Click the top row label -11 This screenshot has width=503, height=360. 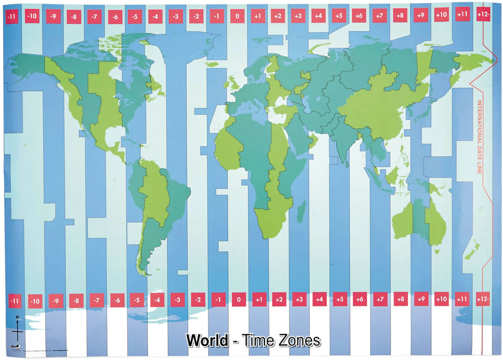tap(11, 16)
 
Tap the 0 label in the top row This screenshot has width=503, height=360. tap(237, 16)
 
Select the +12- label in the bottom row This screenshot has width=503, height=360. tap(483, 299)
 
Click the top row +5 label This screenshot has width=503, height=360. tap(339, 16)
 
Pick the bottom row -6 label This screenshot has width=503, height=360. tap(117, 300)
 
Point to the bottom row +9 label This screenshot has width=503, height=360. tap(421, 299)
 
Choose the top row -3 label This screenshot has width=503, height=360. tap(176, 16)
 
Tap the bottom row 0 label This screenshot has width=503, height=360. tap(239, 299)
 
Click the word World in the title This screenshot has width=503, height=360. tap(207, 340)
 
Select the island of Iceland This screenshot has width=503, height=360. tap(212, 64)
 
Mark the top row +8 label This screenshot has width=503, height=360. tap(400, 16)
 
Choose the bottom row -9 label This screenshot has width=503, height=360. tap(55, 301)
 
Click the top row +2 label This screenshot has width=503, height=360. tap(278, 16)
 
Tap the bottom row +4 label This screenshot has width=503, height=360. tap(319, 299)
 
